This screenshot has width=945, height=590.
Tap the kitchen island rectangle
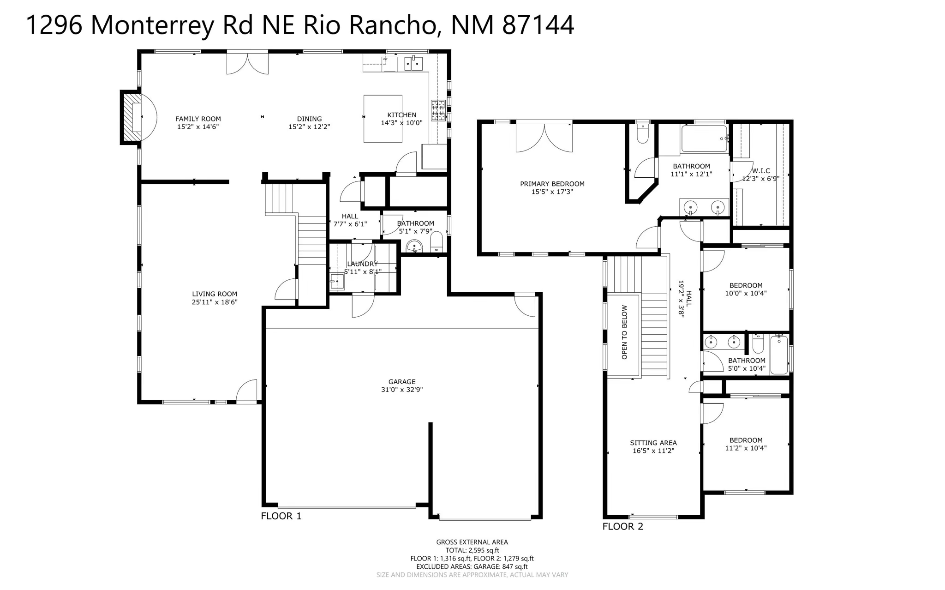383,119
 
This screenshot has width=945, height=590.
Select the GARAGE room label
401,382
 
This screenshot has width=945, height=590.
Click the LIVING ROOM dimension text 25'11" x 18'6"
215,302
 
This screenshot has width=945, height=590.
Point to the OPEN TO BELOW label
624,332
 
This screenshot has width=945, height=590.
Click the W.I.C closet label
760,171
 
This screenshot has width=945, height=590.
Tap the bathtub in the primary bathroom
704,139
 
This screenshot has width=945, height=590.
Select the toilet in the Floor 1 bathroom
437,242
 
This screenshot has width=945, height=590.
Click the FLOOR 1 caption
281,516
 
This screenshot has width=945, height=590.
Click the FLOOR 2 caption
622,526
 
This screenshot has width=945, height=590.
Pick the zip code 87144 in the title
538,25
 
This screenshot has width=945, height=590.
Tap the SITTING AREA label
653,443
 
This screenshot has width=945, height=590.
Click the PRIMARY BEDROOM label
552,184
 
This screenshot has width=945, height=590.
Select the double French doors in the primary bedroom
544,138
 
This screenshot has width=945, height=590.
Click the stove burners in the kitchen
438,110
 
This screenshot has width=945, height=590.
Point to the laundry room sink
337,281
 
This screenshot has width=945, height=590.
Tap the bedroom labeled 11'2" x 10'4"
746,444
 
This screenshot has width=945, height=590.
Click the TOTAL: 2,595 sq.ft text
472,550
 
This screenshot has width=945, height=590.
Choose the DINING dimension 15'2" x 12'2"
309,127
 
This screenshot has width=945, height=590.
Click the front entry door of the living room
247,392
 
